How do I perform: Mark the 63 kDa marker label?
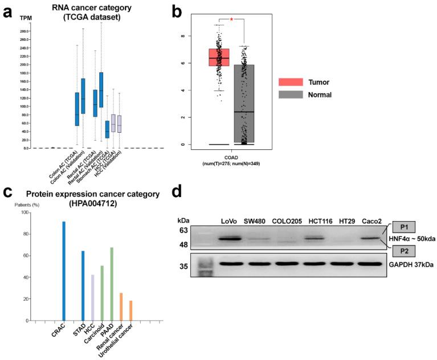coord(183,231)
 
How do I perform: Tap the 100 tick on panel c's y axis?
coord(24,212)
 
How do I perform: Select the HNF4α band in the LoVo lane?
coord(232,238)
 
